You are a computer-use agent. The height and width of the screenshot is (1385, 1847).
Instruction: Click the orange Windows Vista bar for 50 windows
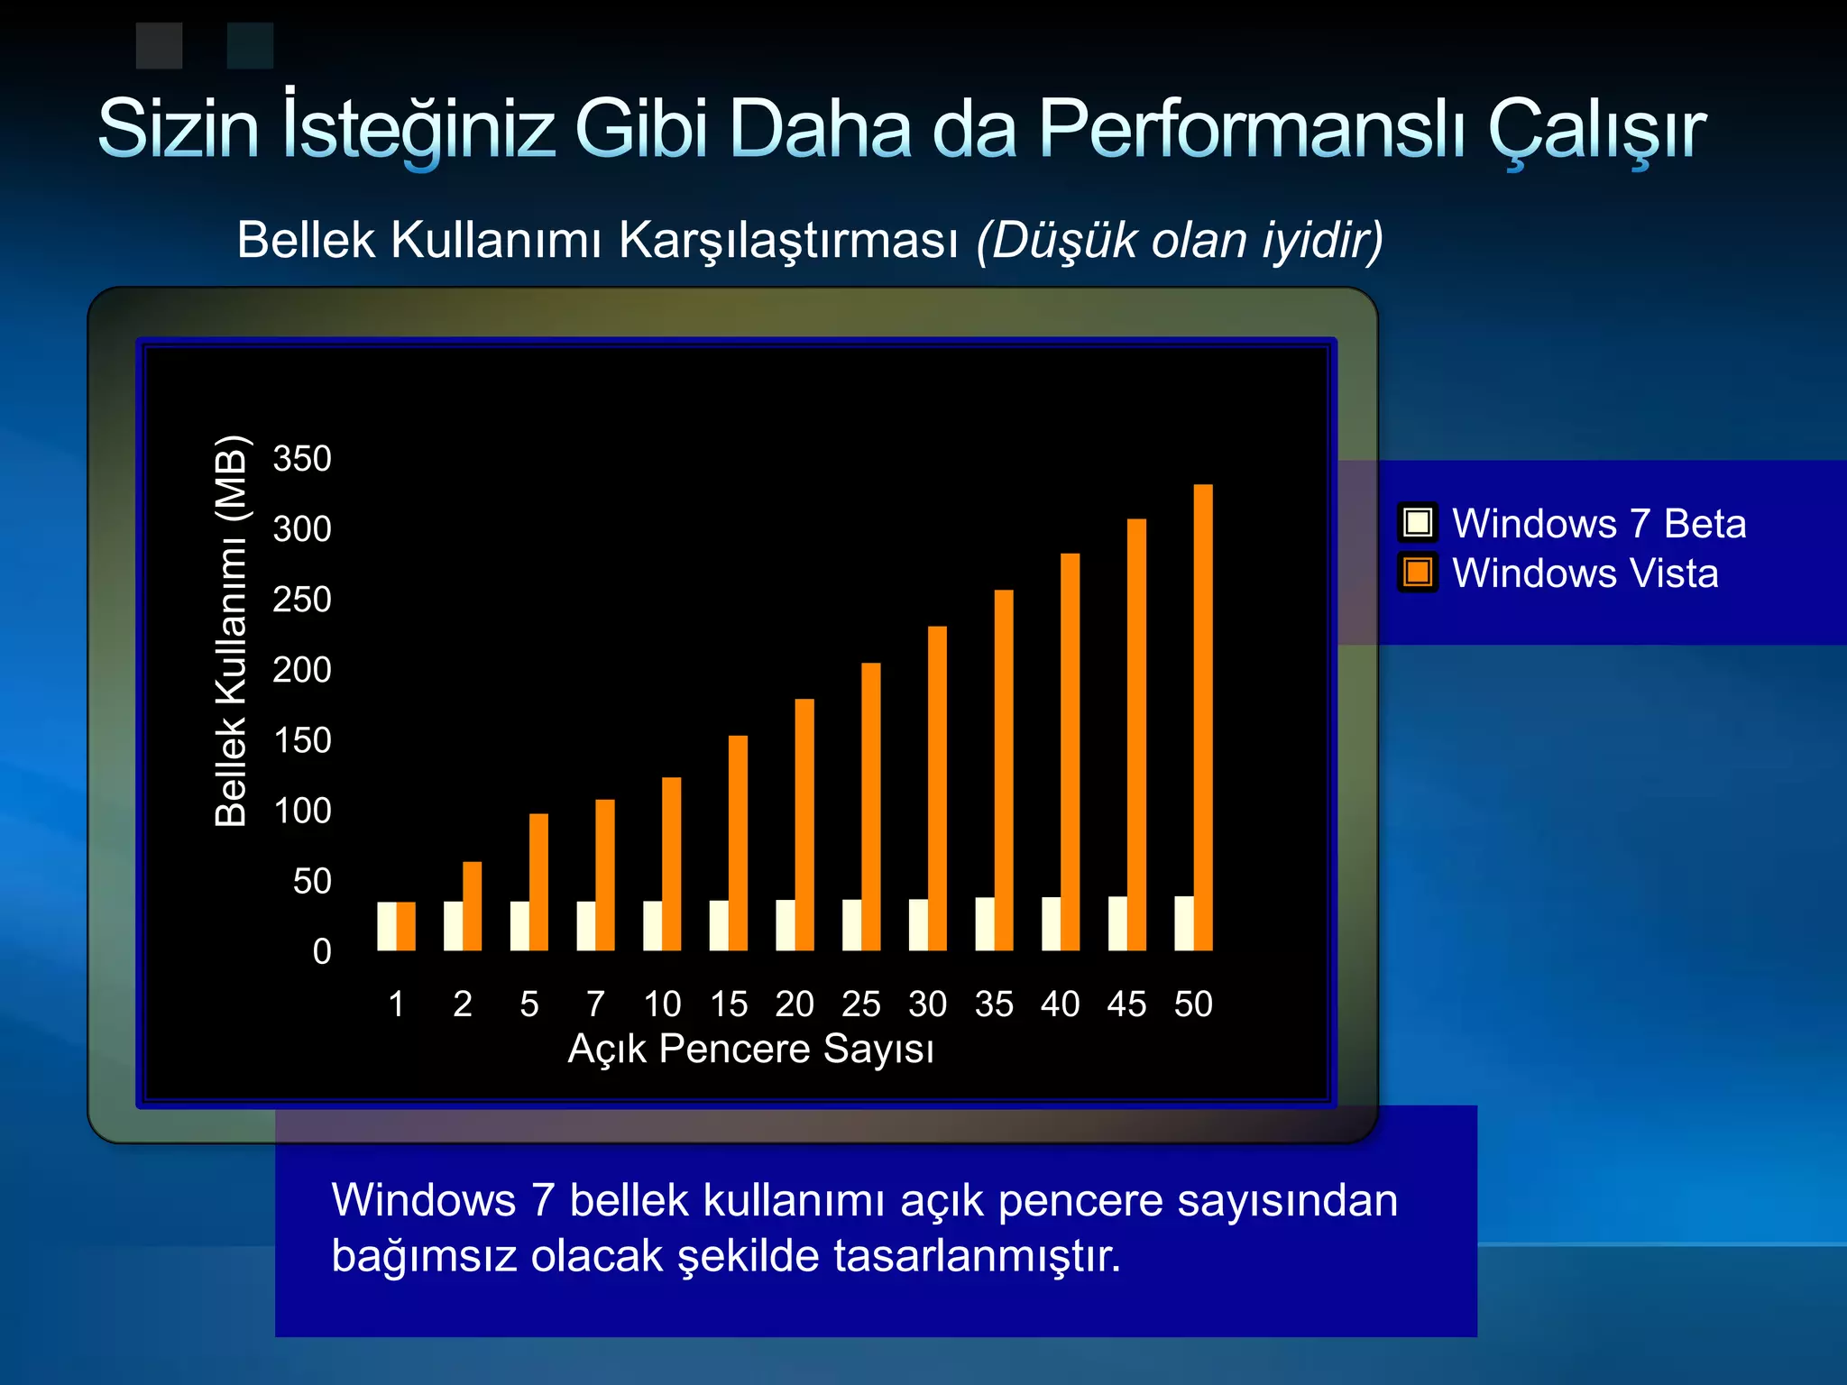1203,717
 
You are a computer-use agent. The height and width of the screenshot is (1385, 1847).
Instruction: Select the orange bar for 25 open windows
871,807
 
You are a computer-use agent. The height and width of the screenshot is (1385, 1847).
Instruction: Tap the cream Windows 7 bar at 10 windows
652,926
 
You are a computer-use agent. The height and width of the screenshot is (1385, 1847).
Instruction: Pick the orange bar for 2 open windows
472,906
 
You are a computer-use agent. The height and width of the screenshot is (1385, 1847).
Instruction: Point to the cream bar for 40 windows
1051,924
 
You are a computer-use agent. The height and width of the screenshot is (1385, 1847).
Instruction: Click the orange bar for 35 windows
1004,771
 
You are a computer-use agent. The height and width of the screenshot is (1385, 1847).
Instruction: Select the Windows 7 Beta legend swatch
1418,523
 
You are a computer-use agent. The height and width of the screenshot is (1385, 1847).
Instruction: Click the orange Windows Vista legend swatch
1418,573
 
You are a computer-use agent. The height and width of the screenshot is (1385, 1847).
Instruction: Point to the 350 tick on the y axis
302,459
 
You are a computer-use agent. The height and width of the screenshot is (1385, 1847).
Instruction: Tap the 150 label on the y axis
302,740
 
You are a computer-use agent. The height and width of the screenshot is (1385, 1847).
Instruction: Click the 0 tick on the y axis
322,952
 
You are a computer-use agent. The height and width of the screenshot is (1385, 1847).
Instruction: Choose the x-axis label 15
729,1004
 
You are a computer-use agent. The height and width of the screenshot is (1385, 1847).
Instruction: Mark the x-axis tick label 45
1126,1004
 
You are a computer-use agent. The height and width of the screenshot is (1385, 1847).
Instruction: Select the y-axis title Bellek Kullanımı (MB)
231,631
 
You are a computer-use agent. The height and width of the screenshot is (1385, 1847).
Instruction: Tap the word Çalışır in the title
1596,129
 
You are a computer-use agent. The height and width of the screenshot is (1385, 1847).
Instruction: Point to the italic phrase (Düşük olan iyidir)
1180,241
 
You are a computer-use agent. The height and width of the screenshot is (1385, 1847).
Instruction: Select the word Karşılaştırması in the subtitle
788,241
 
